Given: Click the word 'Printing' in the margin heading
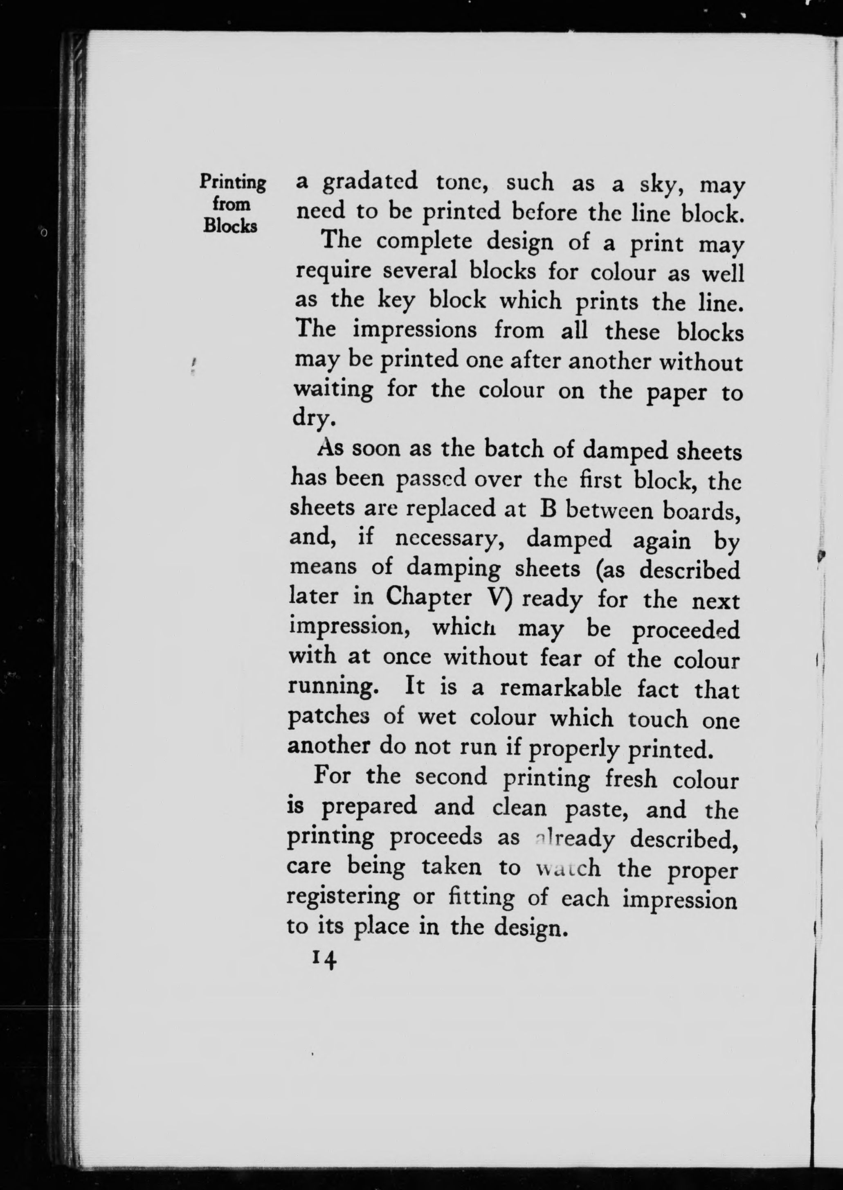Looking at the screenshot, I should (x=233, y=183).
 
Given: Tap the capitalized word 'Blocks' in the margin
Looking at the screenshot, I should (x=230, y=226).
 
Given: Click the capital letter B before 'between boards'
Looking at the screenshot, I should (x=548, y=509).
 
